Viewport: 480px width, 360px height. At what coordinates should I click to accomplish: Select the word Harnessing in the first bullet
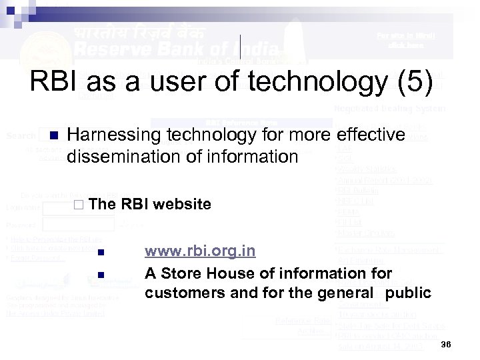112,136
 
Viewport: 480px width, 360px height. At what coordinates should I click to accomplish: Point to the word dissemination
124,157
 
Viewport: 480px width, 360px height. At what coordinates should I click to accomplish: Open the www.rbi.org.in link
200,251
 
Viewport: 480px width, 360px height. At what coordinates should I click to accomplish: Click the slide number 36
447,343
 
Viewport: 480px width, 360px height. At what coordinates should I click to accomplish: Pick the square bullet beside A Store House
101,275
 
